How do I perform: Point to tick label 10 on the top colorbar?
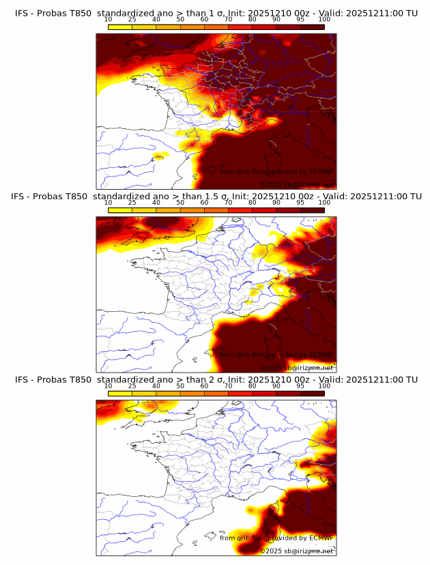click(x=109, y=20)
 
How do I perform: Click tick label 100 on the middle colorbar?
click(x=324, y=203)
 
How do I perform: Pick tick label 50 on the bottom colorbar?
click(x=180, y=386)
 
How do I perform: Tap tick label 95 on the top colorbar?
click(x=300, y=20)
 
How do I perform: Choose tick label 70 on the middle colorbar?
click(x=229, y=203)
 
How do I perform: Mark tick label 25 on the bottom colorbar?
click(x=132, y=386)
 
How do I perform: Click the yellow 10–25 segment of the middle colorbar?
click(x=120, y=209)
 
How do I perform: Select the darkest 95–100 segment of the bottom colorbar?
click(x=313, y=393)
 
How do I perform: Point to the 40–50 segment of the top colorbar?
click(x=168, y=27)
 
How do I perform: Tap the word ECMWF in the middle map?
click(x=321, y=354)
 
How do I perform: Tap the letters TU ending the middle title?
click(x=414, y=196)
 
